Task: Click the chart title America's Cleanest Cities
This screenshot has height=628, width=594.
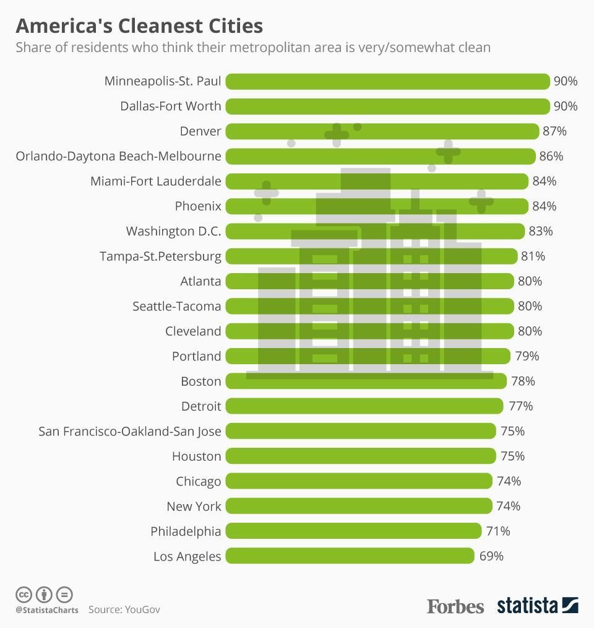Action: pyautogui.click(x=139, y=26)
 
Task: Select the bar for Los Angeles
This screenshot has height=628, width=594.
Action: pyautogui.click(x=350, y=556)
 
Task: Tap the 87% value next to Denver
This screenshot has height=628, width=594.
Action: pyautogui.click(x=554, y=131)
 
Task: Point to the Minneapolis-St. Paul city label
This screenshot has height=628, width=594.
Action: pyautogui.click(x=163, y=81)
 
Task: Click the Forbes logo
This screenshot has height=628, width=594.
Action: pyautogui.click(x=455, y=606)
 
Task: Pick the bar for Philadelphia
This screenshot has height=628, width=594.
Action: pyautogui.click(x=353, y=531)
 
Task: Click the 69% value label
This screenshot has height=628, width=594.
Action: pyautogui.click(x=491, y=556)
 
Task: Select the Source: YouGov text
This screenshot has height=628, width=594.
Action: pyautogui.click(x=124, y=609)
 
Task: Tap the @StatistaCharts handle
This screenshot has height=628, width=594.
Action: pyautogui.click(x=47, y=610)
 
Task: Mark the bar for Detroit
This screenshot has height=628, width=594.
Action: pyautogui.click(x=364, y=406)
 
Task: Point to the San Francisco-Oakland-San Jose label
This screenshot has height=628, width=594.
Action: pyautogui.click(x=130, y=431)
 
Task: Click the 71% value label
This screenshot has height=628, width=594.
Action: pyautogui.click(x=498, y=531)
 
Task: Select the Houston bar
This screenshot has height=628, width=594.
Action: pyautogui.click(x=361, y=456)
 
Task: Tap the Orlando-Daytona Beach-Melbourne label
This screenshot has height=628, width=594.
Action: pyautogui.click(x=118, y=156)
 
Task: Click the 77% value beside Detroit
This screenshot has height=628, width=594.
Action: pyautogui.click(x=520, y=406)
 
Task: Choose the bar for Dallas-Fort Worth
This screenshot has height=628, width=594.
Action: pyautogui.click(x=387, y=106)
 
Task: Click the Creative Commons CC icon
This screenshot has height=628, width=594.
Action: pyautogui.click(x=24, y=595)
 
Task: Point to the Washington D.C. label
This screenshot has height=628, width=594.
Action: pyautogui.click(x=173, y=231)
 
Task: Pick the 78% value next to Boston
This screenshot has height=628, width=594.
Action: pyautogui.click(x=523, y=381)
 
